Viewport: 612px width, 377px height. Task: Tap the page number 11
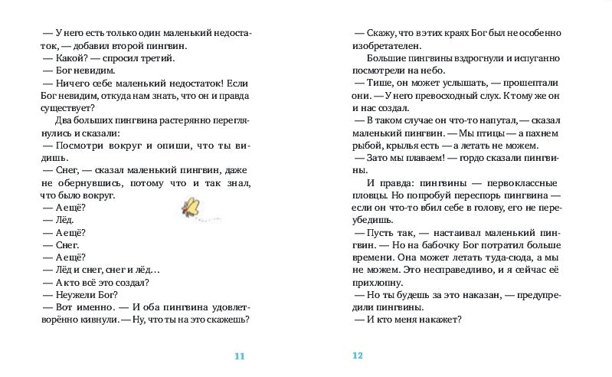coord(240,356)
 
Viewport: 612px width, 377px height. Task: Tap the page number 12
coord(357,356)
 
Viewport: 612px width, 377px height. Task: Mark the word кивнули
coord(91,320)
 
